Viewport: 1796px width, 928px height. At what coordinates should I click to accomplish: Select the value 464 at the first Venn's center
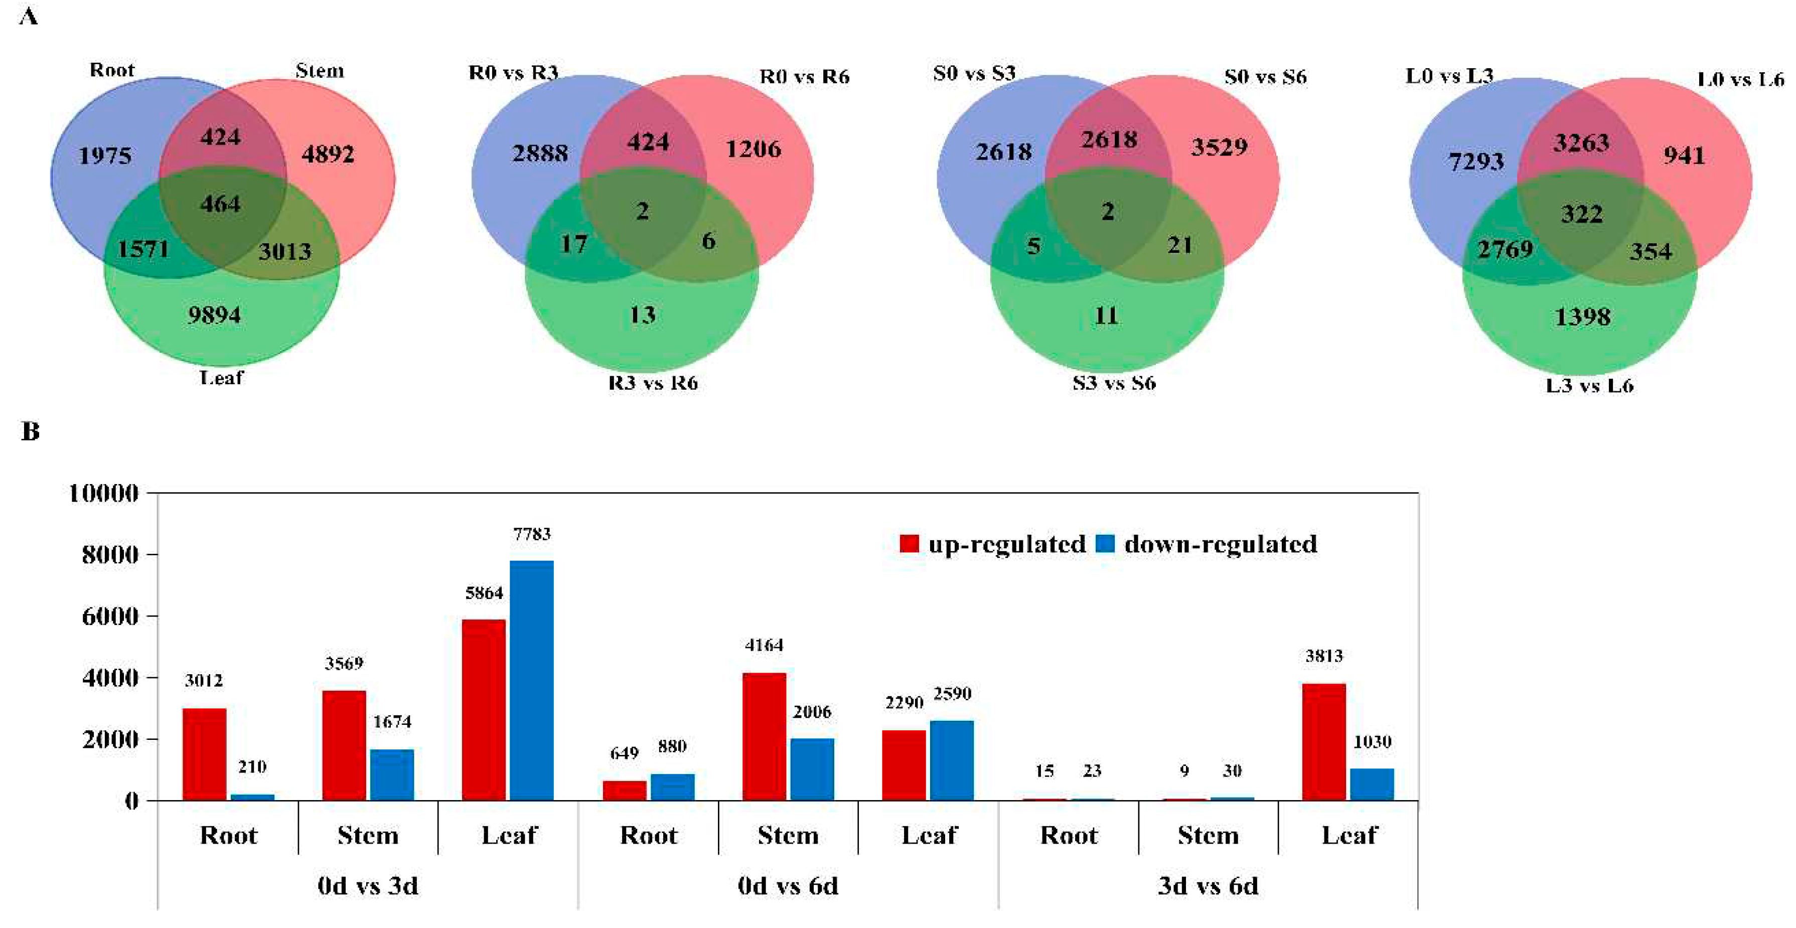pos(220,204)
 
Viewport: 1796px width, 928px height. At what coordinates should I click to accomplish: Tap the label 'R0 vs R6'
pos(804,77)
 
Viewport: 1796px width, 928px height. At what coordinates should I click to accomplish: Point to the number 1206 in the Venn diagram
pos(753,149)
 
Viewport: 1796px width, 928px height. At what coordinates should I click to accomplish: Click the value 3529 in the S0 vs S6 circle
pos(1219,147)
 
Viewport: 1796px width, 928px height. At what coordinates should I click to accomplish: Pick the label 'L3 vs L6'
pos(1589,386)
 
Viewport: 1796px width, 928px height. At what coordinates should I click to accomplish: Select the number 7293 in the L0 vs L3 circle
pos(1476,162)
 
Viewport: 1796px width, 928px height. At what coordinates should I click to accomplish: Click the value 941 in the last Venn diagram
pos(1684,155)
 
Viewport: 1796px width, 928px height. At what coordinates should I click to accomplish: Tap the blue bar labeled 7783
pos(531,680)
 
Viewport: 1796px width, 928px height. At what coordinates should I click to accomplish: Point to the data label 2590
pos(952,694)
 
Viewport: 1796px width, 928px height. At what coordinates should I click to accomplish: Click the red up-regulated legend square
pos(909,543)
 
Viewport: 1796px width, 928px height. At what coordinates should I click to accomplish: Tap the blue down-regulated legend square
pos(1105,543)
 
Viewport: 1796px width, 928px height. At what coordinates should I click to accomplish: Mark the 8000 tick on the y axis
pos(110,555)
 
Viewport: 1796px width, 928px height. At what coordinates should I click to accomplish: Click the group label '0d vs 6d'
pos(788,886)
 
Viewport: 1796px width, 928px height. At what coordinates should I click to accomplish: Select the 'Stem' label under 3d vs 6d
pos(1208,835)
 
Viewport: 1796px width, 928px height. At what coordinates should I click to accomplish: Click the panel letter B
pos(30,431)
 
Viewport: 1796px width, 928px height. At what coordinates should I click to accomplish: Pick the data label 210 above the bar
pos(252,767)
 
